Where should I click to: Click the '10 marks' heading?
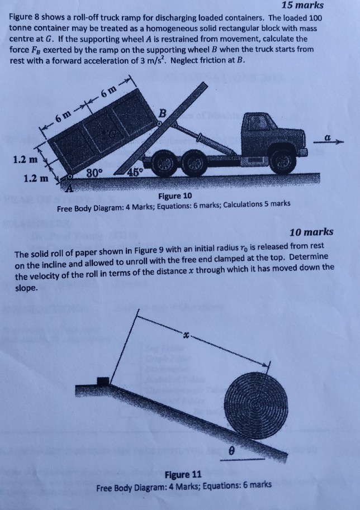[x=312, y=231]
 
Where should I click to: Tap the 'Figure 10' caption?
[x=174, y=196]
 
